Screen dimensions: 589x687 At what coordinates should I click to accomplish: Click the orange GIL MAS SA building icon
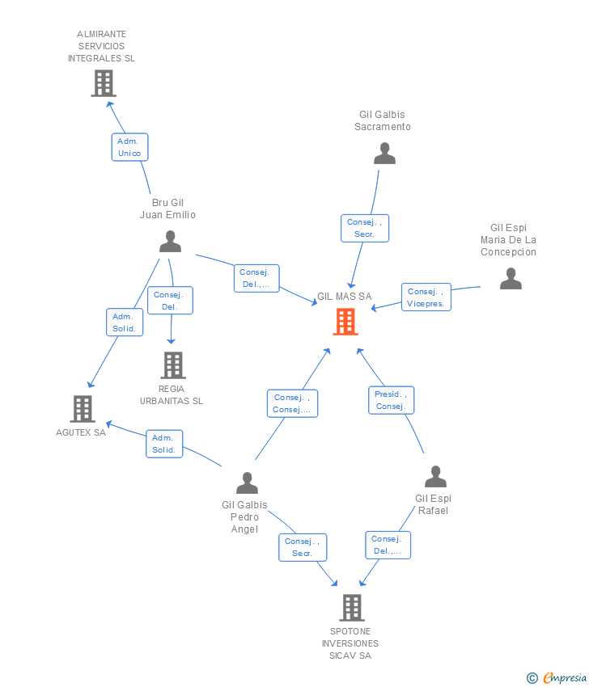[x=345, y=322]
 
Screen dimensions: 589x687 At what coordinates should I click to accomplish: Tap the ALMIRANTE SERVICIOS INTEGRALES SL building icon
[x=104, y=83]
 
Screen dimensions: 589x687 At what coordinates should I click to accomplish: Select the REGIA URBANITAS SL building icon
[x=173, y=365]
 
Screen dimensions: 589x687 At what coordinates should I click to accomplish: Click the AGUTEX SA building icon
[x=83, y=409]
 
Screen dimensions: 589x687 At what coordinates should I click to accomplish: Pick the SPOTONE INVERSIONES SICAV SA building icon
[x=352, y=608]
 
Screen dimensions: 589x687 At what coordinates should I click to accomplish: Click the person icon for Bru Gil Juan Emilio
[x=170, y=242]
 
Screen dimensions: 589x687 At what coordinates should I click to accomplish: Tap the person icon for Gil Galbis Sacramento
[x=384, y=154]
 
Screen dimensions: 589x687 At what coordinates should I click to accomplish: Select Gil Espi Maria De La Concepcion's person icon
[x=511, y=279]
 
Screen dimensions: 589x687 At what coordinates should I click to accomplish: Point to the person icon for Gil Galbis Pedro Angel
[x=247, y=483]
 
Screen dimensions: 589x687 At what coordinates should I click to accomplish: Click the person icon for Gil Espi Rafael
[x=435, y=477]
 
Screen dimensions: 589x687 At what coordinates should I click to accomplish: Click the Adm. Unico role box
[x=129, y=147]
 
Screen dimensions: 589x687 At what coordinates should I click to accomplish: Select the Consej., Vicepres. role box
[x=426, y=297]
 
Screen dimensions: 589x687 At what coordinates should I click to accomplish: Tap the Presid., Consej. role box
[x=392, y=400]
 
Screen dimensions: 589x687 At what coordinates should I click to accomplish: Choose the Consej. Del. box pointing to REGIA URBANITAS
[x=170, y=300]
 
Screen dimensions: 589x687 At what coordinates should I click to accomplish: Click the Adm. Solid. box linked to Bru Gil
[x=125, y=322]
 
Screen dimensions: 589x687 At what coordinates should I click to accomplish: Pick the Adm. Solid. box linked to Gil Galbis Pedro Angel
[x=164, y=444]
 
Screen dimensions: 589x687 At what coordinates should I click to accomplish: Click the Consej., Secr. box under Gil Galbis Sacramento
[x=365, y=228]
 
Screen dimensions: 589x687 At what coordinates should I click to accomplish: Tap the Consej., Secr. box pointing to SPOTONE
[x=303, y=547]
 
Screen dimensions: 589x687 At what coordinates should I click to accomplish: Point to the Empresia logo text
[x=565, y=677]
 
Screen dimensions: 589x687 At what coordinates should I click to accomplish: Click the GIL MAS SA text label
[x=345, y=296]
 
